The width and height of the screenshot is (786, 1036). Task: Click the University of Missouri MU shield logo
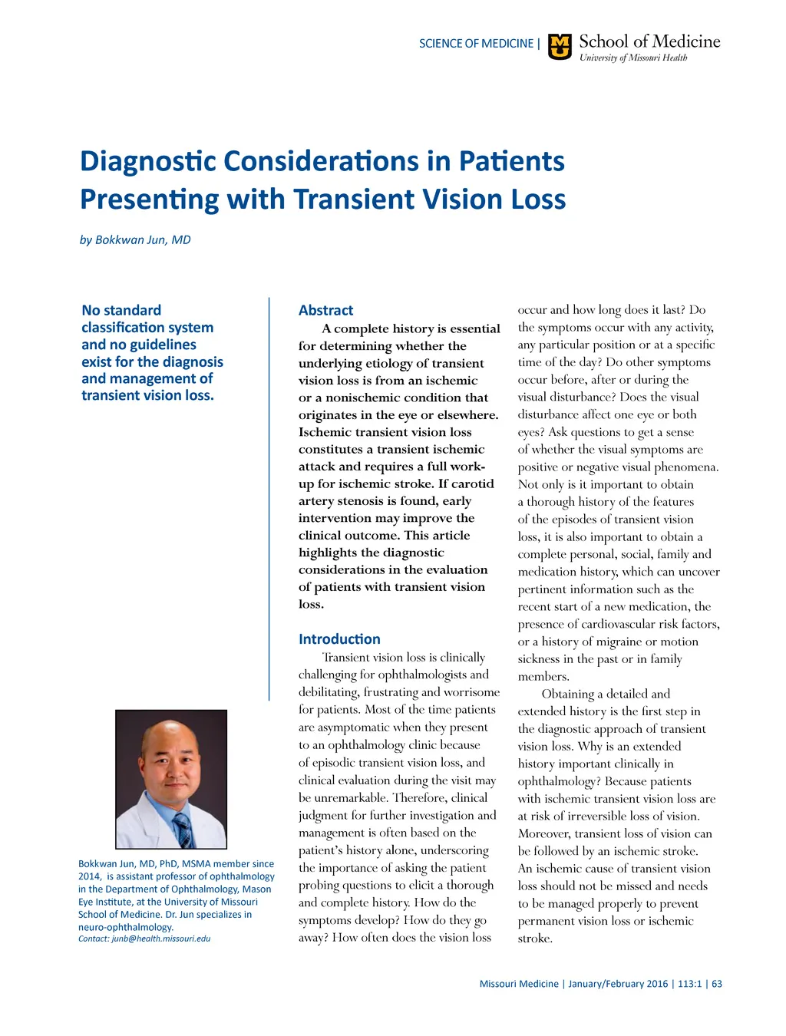(x=560, y=47)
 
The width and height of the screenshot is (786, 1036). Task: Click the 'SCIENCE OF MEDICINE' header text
(x=476, y=44)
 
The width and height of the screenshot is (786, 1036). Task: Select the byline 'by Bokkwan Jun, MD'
(x=135, y=239)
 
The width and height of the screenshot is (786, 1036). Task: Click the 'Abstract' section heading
(x=325, y=310)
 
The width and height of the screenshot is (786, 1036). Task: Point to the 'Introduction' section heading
(x=339, y=638)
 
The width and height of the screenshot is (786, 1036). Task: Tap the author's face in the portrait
(x=170, y=769)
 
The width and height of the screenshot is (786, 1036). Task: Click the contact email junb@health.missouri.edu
(x=160, y=939)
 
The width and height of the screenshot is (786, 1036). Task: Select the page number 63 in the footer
(x=717, y=984)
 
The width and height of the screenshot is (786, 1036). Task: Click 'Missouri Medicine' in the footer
(x=519, y=984)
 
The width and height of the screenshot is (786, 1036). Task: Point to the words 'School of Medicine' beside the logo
(x=649, y=41)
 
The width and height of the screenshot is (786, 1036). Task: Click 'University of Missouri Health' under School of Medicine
(x=633, y=58)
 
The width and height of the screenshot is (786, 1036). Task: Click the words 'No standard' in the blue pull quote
(x=121, y=310)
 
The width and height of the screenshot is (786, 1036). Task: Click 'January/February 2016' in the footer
(x=618, y=984)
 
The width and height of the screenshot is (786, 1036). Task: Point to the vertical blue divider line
(x=269, y=499)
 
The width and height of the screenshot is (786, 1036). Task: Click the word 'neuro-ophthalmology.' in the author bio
(x=126, y=927)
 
